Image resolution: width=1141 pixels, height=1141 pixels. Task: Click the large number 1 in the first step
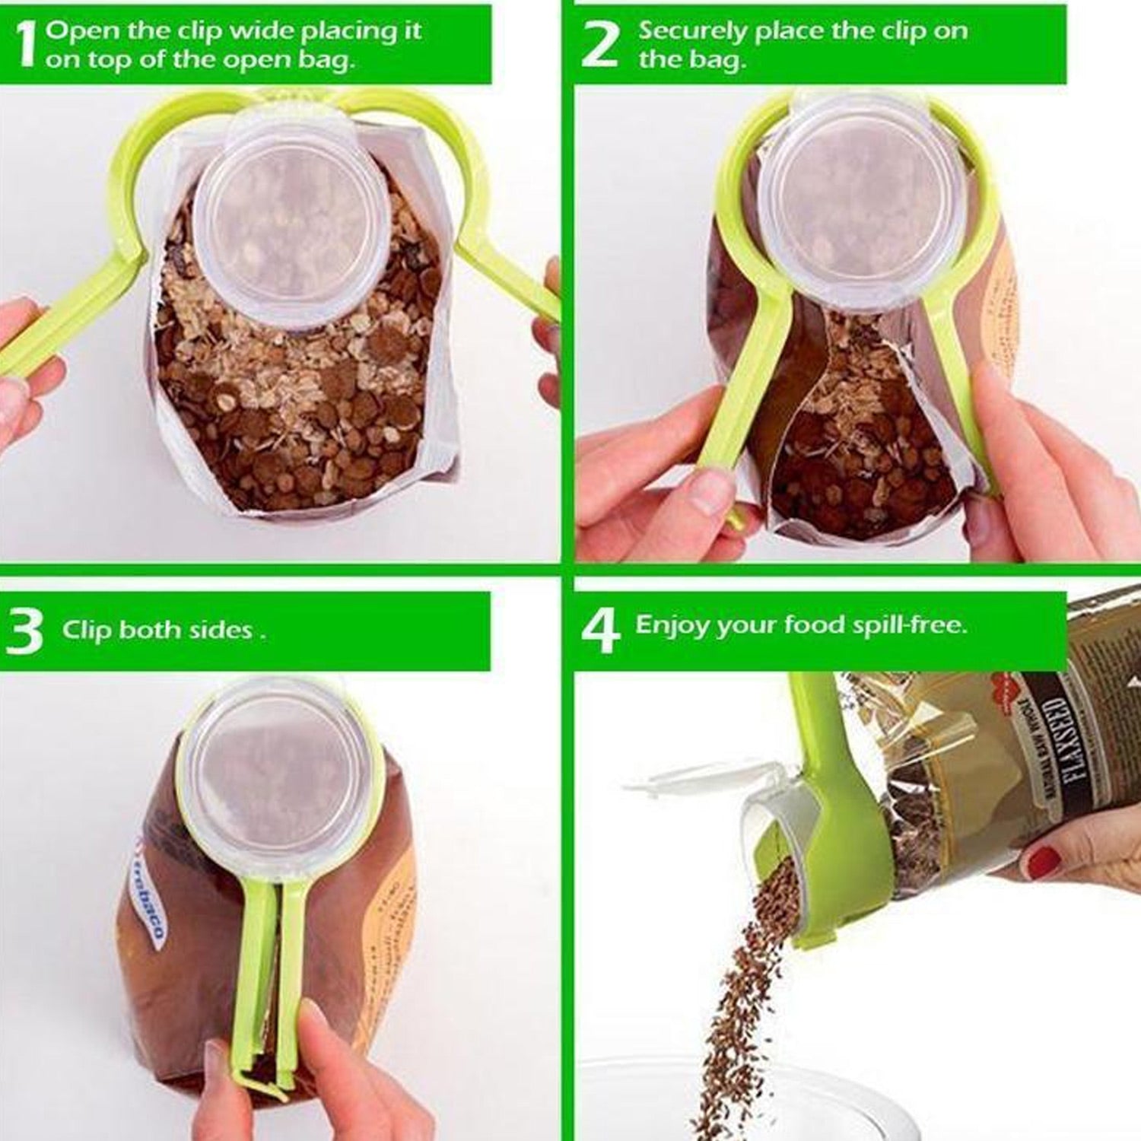25,45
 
